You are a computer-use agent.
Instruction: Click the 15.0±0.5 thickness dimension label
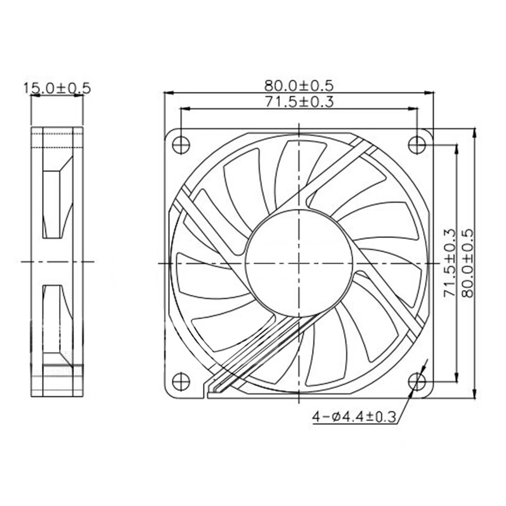click(x=57, y=88)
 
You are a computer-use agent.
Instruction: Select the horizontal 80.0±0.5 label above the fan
click(x=299, y=84)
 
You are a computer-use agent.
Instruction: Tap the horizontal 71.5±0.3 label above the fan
click(x=299, y=101)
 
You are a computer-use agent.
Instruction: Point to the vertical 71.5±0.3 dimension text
click(x=449, y=262)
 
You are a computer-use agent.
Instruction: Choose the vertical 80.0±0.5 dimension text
click(x=467, y=262)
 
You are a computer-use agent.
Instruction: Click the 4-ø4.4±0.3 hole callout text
click(x=354, y=417)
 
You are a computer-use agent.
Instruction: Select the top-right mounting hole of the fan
click(x=417, y=143)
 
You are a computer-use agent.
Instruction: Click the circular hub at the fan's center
click(x=299, y=262)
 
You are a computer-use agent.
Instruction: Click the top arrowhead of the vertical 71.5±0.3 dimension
click(x=456, y=147)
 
